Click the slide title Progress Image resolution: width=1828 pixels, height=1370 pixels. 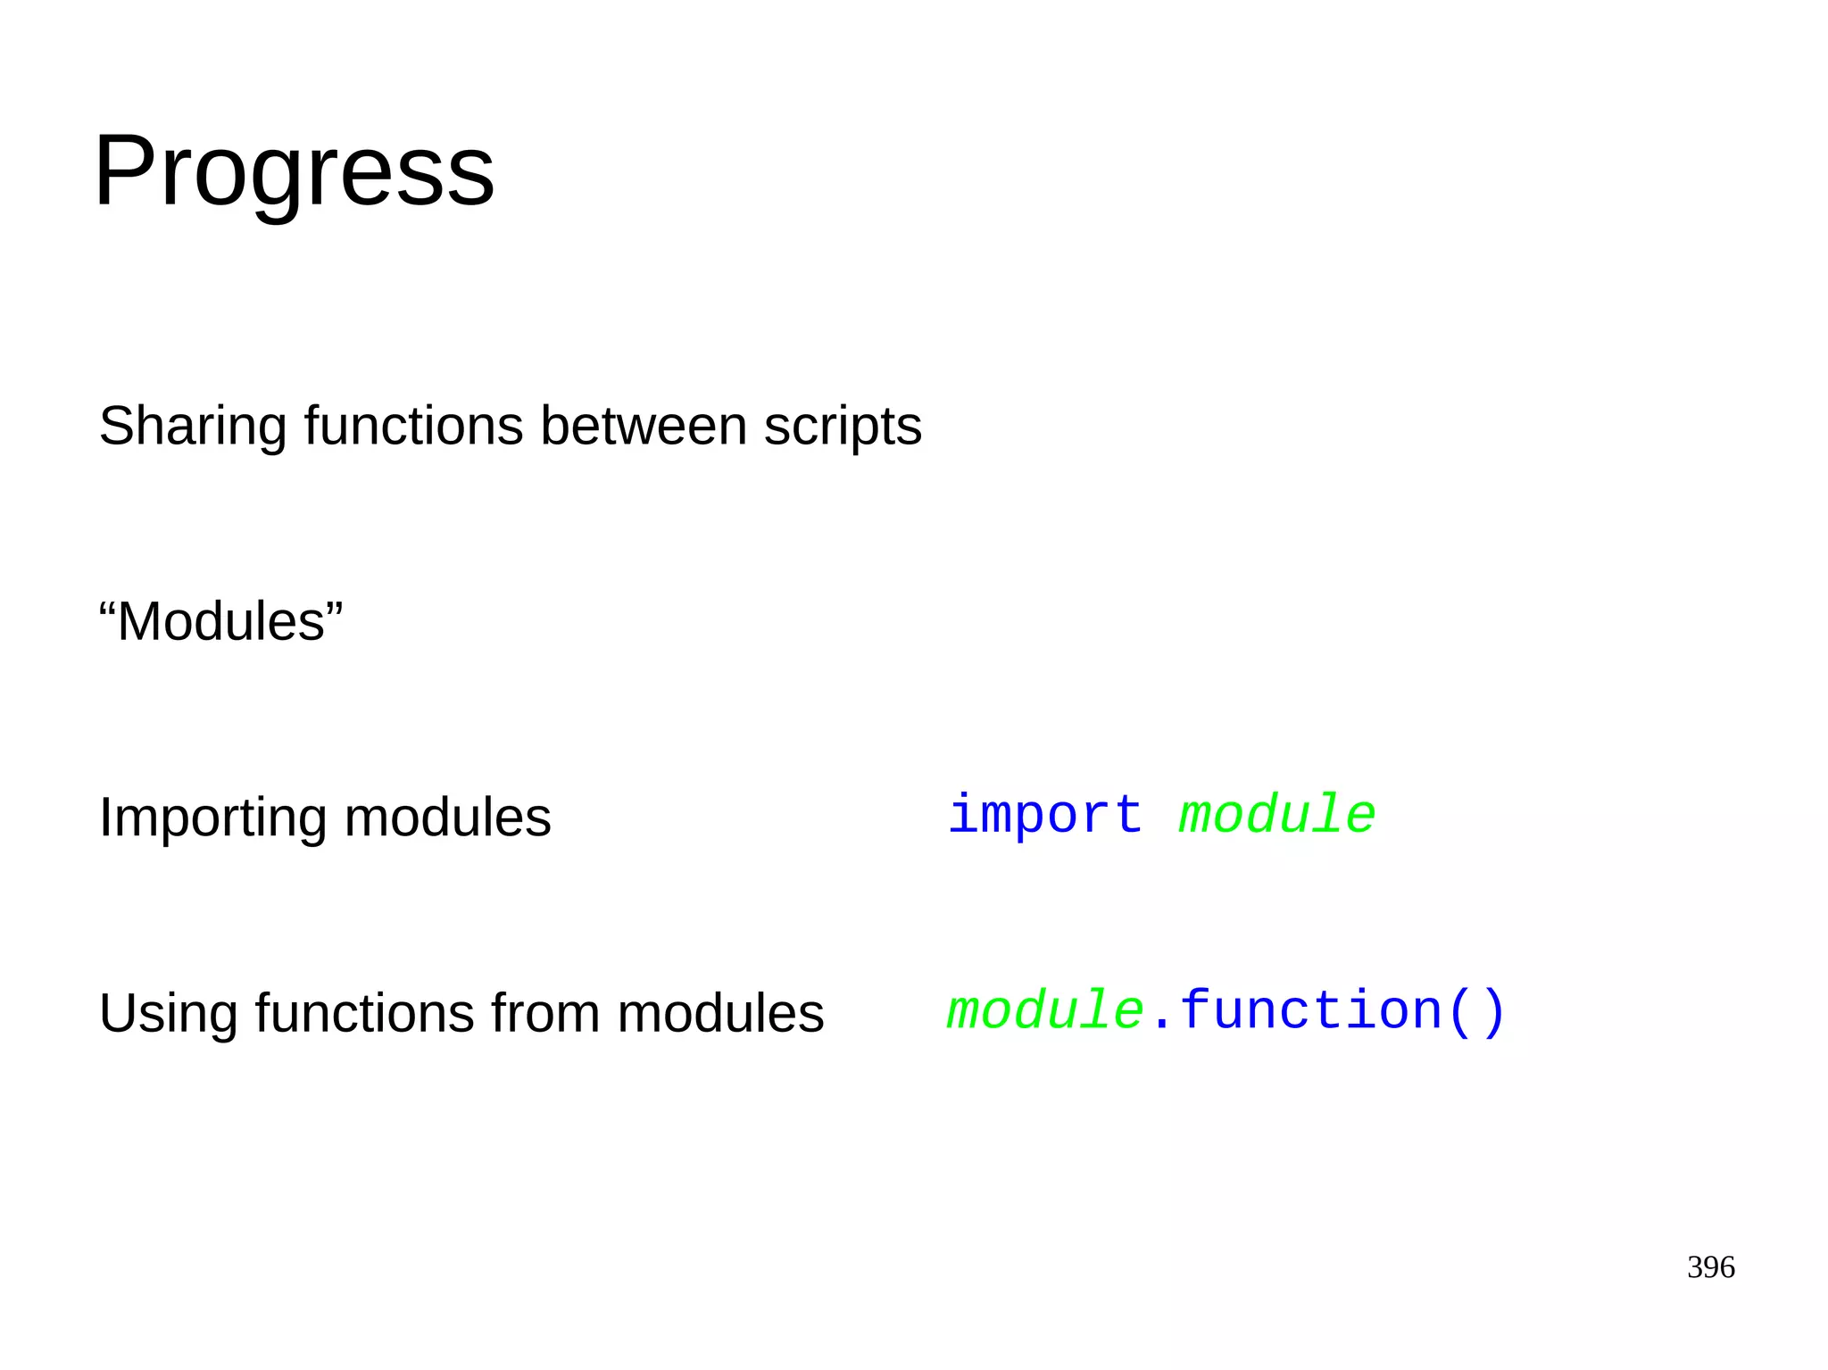pos(294,171)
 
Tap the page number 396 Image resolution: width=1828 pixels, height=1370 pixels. pos(1710,1267)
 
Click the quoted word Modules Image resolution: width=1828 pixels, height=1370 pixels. pos(221,621)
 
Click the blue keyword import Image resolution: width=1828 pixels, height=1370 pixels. pos(1044,815)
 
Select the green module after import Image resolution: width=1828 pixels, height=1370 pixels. pos(1276,815)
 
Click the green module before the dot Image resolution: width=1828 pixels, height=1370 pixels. pos(1044,1011)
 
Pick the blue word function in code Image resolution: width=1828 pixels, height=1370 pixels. pos(1310,1011)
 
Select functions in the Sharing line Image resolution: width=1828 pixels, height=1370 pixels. pos(413,426)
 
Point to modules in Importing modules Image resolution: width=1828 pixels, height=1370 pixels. pos(447,818)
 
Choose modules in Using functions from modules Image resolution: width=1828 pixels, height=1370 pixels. pos(719,1014)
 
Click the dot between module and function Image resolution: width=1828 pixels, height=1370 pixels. pos(1160,1026)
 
